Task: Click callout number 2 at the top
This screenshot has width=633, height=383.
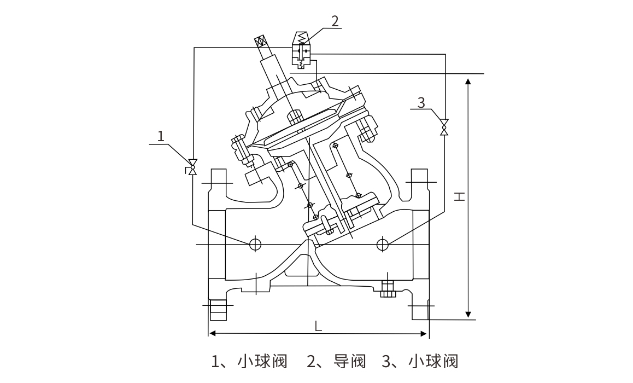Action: pos(334,20)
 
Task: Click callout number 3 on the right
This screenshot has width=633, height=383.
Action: pos(421,102)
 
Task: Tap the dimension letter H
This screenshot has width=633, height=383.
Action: pos(460,195)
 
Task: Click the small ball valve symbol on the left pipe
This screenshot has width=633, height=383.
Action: pos(192,165)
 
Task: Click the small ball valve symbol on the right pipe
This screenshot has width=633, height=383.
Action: pos(444,127)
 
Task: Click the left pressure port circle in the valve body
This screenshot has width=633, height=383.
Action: pos(255,244)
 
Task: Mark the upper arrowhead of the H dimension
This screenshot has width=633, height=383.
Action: pos(468,82)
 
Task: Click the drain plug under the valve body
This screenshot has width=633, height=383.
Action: pos(388,289)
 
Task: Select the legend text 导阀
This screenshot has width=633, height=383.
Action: pos(349,362)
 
